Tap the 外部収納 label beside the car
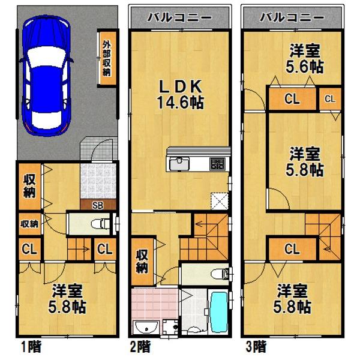click(106, 58)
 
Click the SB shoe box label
click(97, 205)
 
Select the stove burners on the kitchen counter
click(217, 163)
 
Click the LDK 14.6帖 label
click(179, 93)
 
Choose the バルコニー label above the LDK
click(179, 17)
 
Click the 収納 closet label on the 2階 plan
click(142, 260)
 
